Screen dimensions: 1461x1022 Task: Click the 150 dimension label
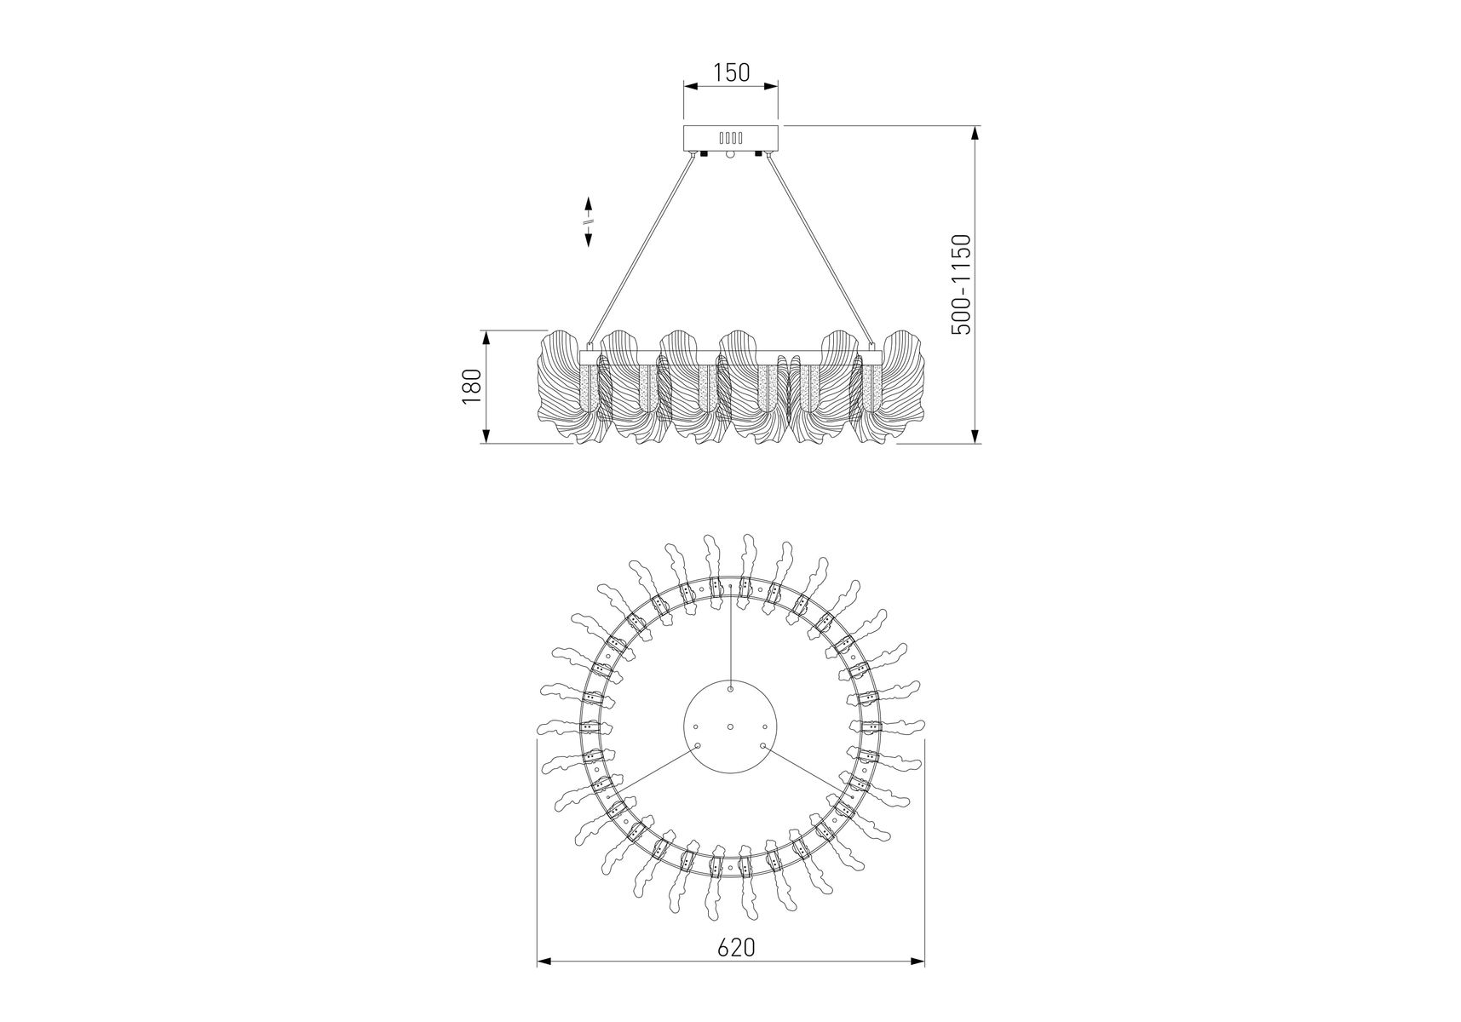coord(731,72)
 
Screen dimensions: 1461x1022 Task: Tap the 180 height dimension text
coord(473,387)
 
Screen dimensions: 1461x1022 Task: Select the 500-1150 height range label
coord(960,284)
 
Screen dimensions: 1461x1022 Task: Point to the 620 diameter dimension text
coord(736,972)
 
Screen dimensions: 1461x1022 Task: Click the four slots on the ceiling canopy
coord(731,137)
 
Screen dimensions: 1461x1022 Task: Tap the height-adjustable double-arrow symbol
coord(588,221)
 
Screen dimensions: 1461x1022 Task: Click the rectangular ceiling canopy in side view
coord(731,138)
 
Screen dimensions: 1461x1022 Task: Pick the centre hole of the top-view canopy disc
coord(731,726)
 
